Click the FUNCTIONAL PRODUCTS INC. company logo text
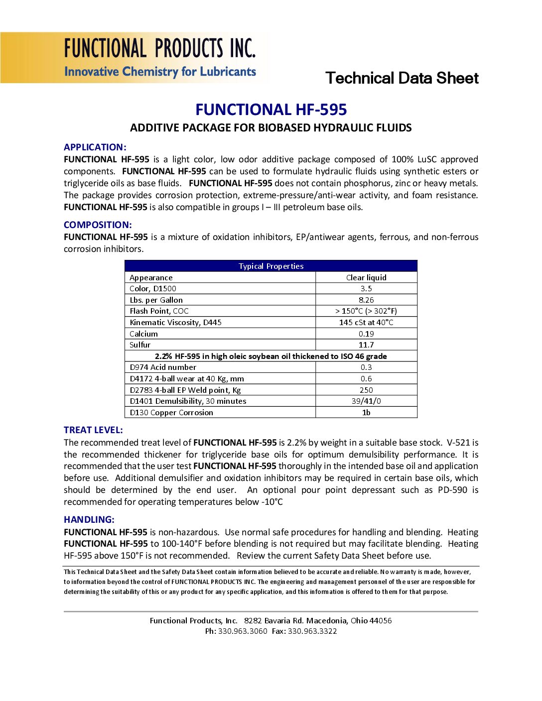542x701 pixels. (159, 49)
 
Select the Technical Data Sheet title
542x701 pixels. (402, 78)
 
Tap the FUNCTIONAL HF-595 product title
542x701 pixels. (271, 110)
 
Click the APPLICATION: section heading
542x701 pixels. (95, 147)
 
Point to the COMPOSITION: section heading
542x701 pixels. (98, 225)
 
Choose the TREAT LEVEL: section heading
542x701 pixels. (93, 430)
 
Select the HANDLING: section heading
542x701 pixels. (89, 520)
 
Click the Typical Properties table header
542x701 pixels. (271, 266)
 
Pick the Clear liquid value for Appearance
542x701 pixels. (366, 278)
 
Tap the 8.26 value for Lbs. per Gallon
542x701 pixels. (366, 300)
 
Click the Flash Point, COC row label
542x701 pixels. (159, 311)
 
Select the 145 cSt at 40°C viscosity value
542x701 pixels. (366, 323)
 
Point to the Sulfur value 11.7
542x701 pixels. (366, 345)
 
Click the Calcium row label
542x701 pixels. (144, 334)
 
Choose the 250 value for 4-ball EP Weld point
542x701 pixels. (366, 390)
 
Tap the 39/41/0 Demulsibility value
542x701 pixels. (366, 401)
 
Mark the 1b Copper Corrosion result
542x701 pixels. (366, 413)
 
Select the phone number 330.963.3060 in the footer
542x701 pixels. (243, 631)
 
